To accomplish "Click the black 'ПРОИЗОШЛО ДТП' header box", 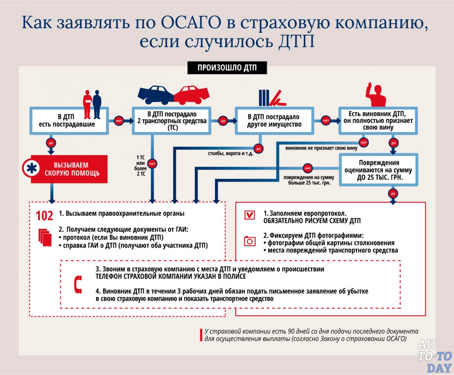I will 227,68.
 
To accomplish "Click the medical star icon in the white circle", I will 32,169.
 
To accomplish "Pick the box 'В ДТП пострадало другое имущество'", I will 274,121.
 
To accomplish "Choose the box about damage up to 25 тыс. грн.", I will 378,170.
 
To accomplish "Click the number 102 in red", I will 44,216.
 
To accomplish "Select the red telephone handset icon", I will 78,285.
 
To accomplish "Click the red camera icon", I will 250,241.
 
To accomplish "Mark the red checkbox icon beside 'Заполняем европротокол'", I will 250,215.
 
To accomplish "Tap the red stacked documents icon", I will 45,237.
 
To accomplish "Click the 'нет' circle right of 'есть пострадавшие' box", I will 119,121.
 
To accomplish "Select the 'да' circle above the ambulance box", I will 51,143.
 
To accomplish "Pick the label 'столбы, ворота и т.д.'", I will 230,154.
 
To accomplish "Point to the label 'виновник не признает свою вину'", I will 321,148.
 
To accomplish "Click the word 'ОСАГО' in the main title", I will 191,23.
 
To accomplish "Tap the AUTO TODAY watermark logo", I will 434,356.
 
